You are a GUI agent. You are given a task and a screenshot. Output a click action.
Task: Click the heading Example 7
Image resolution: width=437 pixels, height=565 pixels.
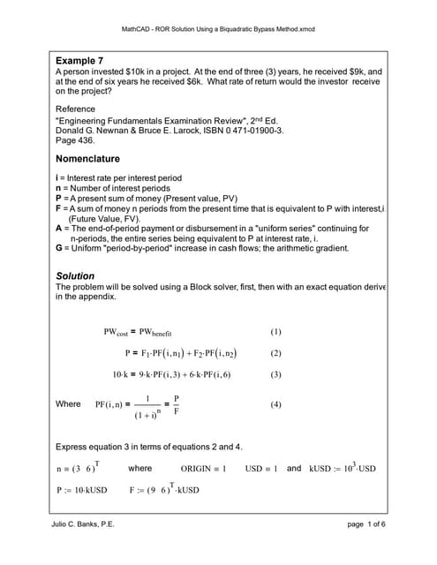[81, 60]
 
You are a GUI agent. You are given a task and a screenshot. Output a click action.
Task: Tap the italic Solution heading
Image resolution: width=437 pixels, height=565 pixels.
[75, 276]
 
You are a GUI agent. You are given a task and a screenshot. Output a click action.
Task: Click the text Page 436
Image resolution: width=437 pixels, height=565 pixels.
[77, 140]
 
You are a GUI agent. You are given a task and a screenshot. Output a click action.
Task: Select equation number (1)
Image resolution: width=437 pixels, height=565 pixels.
[275, 333]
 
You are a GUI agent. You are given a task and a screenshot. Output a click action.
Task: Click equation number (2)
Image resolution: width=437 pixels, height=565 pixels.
[275, 353]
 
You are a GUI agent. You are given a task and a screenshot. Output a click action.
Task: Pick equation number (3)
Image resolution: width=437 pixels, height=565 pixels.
[275, 374]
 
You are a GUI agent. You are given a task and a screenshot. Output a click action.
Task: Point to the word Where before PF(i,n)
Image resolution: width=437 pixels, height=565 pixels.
[68, 404]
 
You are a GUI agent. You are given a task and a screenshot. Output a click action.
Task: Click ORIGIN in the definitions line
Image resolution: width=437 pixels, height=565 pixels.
[199, 469]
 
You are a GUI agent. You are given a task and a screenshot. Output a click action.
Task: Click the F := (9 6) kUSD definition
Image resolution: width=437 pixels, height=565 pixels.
[164, 489]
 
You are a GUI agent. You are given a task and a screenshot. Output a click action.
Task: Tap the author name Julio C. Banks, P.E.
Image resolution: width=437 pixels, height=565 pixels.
[84, 525]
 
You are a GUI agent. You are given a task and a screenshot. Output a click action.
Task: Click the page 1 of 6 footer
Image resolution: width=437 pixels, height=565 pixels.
[361, 525]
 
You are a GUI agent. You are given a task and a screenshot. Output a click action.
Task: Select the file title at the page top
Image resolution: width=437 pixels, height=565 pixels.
[218, 29]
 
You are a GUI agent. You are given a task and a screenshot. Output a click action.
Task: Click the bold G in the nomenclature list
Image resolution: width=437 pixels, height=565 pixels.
[59, 248]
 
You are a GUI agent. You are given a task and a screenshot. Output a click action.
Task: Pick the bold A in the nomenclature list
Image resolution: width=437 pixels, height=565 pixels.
[59, 228]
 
